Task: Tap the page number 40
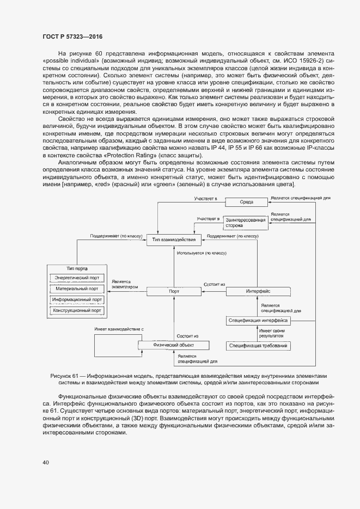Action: [x=46, y=463]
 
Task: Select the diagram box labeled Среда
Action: [x=247, y=201]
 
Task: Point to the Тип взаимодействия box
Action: [x=174, y=240]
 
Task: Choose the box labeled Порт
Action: [x=174, y=292]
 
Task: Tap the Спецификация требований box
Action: [x=258, y=346]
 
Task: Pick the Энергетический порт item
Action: [x=77, y=278]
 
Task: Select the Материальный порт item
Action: [x=77, y=289]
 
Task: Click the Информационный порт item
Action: [x=77, y=300]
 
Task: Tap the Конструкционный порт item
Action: [x=77, y=311]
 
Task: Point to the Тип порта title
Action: [x=77, y=268]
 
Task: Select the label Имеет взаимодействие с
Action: [x=119, y=329]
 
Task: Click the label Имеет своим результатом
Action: [x=272, y=334]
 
